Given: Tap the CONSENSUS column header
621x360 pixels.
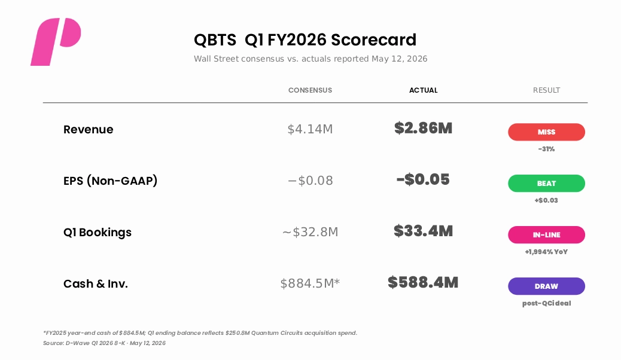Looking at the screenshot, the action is click(310, 90).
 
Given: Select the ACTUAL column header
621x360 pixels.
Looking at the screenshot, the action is click(424, 90).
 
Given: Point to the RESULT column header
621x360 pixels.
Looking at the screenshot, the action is click(547, 90).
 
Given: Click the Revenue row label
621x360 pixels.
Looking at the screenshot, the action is click(89, 130).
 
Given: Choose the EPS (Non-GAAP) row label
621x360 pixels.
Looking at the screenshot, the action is click(111, 181).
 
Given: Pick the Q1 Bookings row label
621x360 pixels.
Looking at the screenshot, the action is click(98, 233).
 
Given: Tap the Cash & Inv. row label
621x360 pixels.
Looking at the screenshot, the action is click(96, 284).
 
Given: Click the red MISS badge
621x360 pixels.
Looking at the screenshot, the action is click(547, 132).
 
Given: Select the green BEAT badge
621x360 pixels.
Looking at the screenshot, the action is click(547, 184).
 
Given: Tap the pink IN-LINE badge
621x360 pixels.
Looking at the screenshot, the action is click(547, 235).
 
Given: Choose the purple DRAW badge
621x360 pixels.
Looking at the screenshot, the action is click(547, 286).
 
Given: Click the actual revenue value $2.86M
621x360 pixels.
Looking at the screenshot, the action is click(424, 129).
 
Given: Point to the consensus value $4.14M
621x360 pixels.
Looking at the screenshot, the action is click(310, 129).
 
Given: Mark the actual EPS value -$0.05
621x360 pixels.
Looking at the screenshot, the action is click(424, 179).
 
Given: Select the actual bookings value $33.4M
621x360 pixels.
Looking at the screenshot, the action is click(424, 231).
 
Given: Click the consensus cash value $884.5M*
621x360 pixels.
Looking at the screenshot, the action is click(310, 283).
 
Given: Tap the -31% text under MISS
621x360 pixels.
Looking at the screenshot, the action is click(547, 149).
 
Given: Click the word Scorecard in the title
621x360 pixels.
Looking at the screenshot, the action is click(374, 40).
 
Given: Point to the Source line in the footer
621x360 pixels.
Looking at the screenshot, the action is click(105, 343).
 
